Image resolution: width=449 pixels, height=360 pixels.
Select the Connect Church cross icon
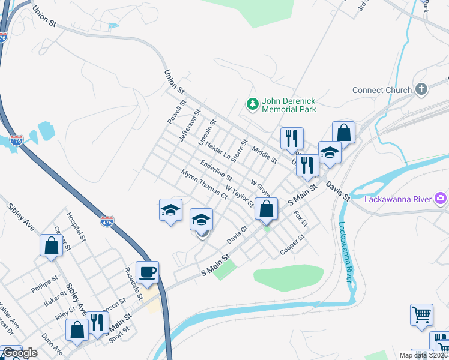(421, 90)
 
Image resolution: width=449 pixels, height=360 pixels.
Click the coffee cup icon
(148, 272)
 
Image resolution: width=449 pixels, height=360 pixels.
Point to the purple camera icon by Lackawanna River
(441, 198)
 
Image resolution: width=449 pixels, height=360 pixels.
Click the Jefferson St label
(190, 125)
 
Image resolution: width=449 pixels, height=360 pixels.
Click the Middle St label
(264, 155)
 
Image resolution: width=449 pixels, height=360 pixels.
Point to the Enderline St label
(216, 170)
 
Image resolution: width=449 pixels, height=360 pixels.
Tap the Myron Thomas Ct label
(204, 184)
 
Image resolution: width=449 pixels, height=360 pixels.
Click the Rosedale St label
(133, 283)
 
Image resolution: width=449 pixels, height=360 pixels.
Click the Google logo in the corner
(19, 353)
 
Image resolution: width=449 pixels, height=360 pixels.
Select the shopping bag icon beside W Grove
(267, 209)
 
